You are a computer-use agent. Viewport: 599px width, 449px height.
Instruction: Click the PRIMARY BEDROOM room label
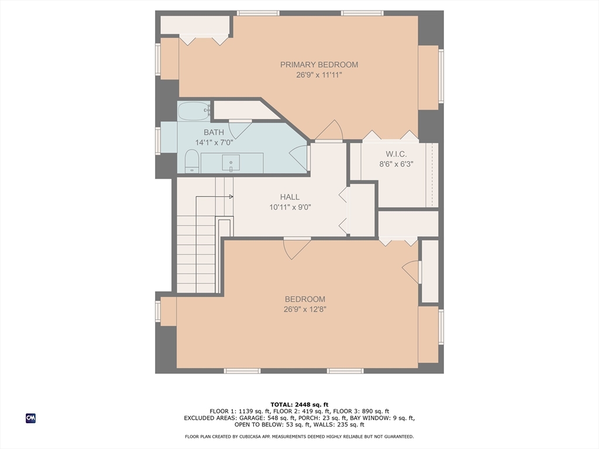(x=319, y=64)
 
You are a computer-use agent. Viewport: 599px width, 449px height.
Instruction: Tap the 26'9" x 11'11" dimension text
(x=319, y=75)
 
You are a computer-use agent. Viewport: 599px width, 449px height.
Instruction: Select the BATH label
(x=214, y=133)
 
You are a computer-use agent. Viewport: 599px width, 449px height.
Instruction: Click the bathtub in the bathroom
(x=194, y=111)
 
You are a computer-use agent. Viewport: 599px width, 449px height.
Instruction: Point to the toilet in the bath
(x=191, y=161)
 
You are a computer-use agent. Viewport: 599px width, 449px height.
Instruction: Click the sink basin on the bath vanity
(x=230, y=163)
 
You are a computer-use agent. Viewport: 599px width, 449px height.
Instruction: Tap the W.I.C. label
(x=396, y=154)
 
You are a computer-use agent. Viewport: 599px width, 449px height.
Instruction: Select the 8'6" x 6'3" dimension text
(x=396, y=164)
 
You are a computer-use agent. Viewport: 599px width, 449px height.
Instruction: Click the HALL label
(x=290, y=197)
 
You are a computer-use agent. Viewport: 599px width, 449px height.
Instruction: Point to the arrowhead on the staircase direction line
(x=231, y=197)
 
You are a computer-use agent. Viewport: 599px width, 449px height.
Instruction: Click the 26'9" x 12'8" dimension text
(x=305, y=309)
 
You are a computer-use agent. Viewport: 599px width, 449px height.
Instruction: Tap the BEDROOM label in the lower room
(x=305, y=299)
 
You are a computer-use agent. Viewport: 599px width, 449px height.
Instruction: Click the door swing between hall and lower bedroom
(x=297, y=248)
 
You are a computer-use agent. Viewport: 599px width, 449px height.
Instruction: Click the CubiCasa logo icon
(x=30, y=418)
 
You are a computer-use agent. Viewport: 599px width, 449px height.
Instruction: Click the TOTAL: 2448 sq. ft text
(x=299, y=405)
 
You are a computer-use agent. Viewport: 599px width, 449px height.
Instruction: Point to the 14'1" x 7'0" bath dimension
(x=214, y=143)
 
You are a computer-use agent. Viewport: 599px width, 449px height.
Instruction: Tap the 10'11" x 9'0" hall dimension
(x=290, y=208)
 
